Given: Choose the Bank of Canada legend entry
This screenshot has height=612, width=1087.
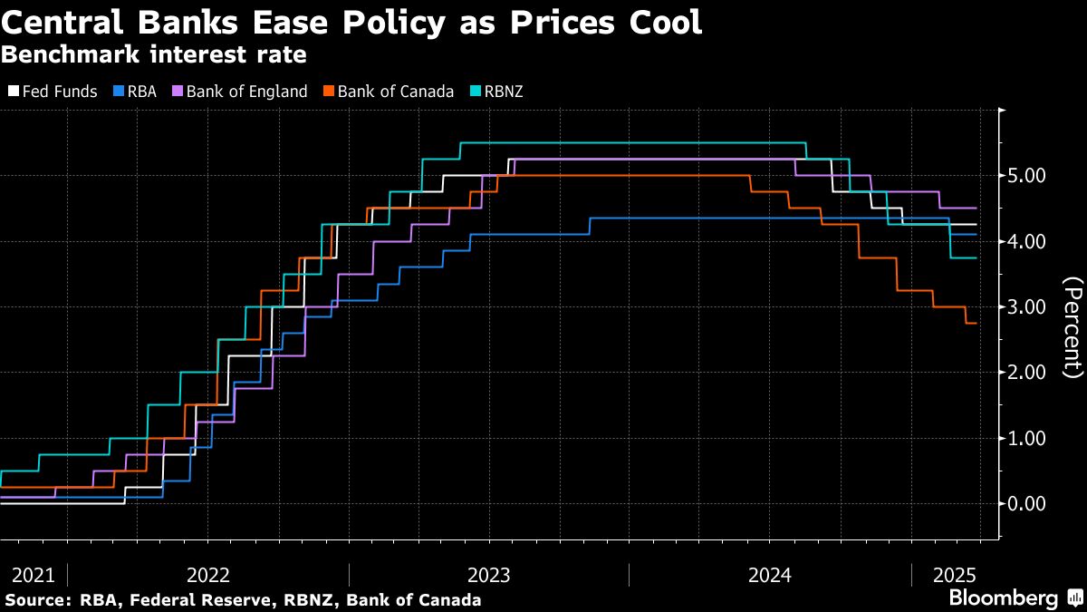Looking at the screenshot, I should pos(390,92).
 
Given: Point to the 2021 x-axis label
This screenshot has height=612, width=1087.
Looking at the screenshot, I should pos(33,575).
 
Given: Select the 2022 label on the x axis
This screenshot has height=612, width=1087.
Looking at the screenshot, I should pos(207,575).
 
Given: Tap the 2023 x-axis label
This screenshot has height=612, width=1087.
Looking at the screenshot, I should pos(488,575).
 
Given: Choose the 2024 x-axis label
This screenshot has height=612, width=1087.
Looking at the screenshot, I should pos(770,575).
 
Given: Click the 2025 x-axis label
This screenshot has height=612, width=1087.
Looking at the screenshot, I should pos(955,575).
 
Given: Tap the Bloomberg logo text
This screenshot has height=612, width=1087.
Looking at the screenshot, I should pos(1003,598).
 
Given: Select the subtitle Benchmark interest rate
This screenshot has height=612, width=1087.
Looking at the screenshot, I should pos(153,54).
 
